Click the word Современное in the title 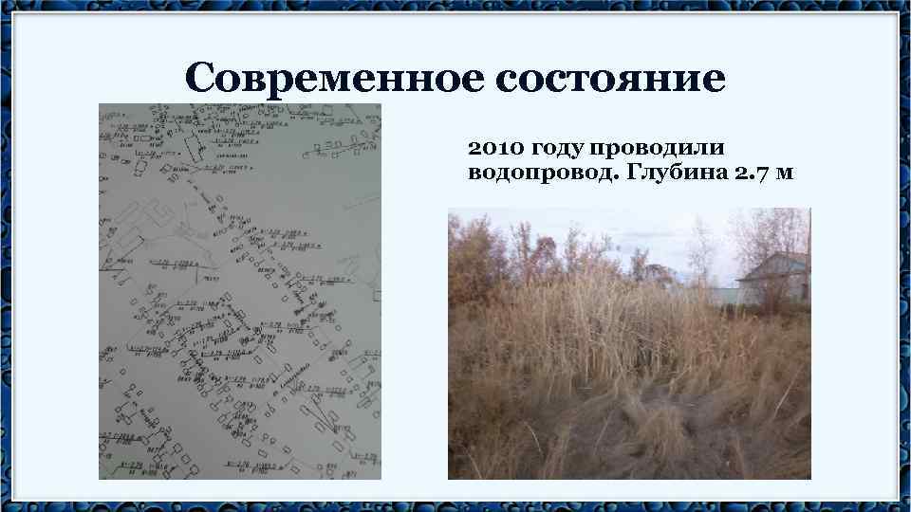(332, 78)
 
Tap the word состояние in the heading (609, 78)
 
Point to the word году (559, 149)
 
